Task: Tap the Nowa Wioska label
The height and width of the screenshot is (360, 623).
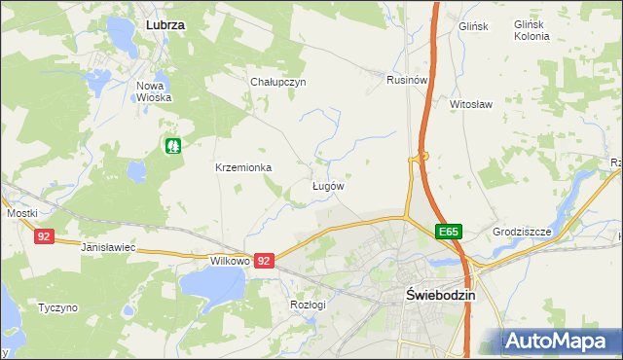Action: click(154, 90)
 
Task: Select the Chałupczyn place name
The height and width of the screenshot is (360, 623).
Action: click(278, 83)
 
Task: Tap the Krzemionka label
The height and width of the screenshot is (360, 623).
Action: click(243, 167)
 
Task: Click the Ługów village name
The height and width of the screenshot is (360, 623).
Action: click(328, 185)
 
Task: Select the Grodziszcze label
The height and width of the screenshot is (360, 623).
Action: click(522, 233)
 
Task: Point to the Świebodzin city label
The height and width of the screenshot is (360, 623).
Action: click(438, 299)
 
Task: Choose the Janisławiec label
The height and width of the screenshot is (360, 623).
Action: click(108, 249)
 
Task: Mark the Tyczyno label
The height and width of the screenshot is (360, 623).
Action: click(57, 307)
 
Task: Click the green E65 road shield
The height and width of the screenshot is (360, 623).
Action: click(448, 232)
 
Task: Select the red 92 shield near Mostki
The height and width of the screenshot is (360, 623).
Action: click(43, 236)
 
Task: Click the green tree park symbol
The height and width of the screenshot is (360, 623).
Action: click(173, 146)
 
